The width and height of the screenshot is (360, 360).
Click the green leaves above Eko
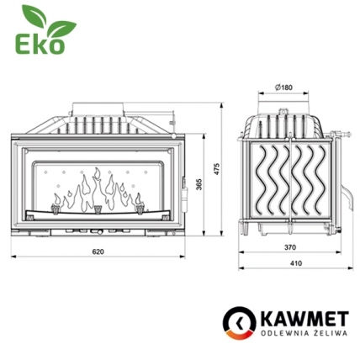(34, 17)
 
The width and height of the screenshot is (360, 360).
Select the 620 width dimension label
(98, 252)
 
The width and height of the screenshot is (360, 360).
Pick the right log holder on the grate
(136, 203)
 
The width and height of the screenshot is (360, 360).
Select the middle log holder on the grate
(98, 205)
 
